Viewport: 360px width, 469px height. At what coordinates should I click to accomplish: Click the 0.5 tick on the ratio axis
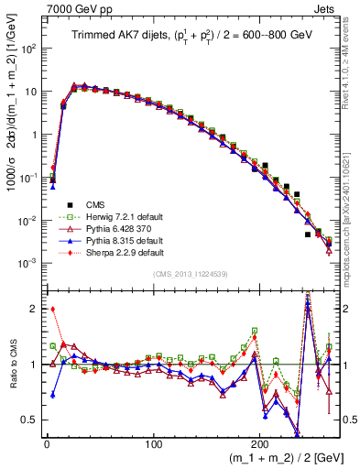pos(32,420)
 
